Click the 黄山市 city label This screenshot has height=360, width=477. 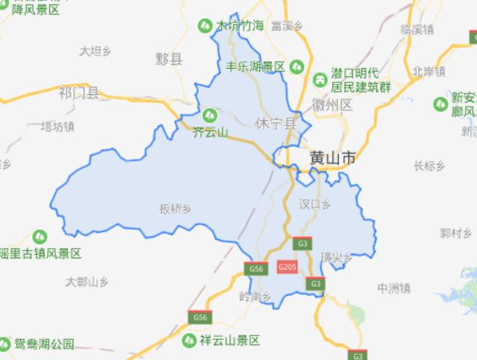[x=333, y=158]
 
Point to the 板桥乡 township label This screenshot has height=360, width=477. [x=175, y=208]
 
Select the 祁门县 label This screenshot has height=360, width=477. [x=79, y=93]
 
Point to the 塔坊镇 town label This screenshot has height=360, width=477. [x=58, y=125]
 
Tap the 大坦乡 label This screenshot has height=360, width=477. [x=95, y=51]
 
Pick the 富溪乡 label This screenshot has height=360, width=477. [x=286, y=26]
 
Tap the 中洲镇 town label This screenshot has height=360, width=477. [x=394, y=288]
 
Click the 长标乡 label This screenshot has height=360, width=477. [x=428, y=165]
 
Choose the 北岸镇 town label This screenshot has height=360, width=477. [x=428, y=72]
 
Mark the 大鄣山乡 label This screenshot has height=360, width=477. [x=87, y=282]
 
